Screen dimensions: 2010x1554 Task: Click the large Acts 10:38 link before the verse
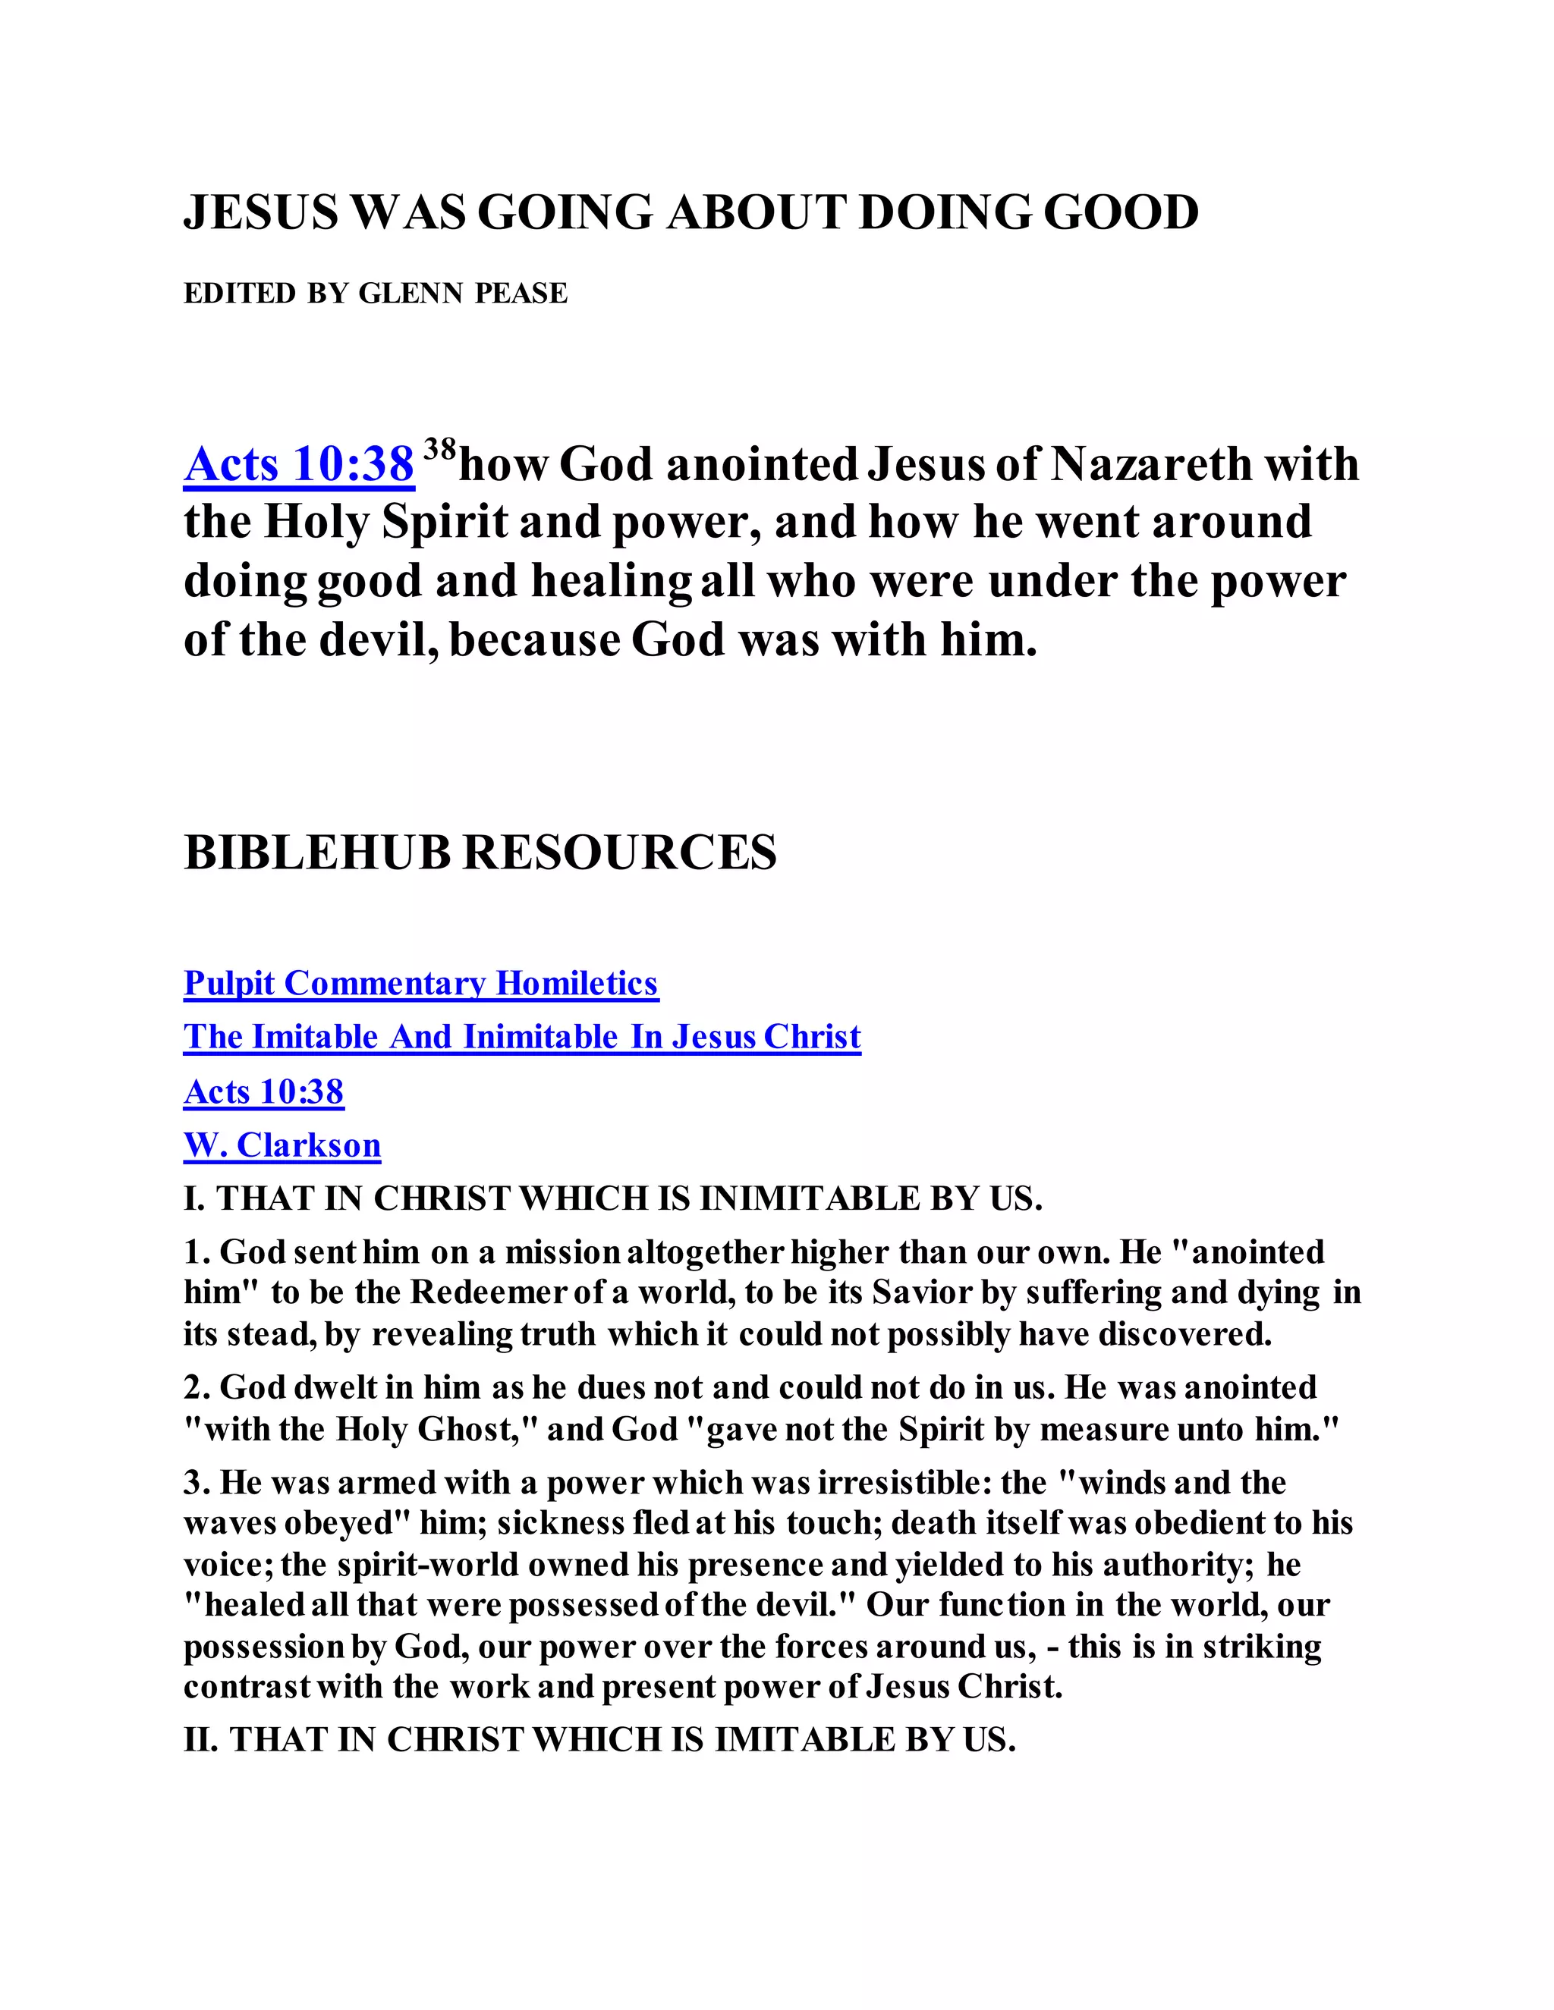[x=298, y=464]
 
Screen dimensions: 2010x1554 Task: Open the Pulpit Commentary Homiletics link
[x=420, y=984]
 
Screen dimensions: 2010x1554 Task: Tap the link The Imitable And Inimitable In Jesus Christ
[x=522, y=1037]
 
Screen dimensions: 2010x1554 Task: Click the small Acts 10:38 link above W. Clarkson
[x=263, y=1091]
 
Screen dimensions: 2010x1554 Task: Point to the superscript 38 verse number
[x=440, y=449]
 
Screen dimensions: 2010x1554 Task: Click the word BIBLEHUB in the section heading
[x=316, y=853]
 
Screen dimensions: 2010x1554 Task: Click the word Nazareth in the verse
[x=1149, y=464]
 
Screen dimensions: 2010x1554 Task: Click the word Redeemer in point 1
[x=487, y=1292]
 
